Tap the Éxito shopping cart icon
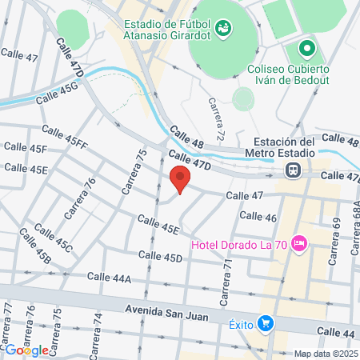point(266,323)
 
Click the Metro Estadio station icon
point(294,170)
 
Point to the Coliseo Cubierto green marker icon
point(306,50)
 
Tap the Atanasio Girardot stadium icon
point(222,29)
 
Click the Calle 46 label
point(258,217)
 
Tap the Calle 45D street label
point(161,256)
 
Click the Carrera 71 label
point(227,275)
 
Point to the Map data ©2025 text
point(326,354)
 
